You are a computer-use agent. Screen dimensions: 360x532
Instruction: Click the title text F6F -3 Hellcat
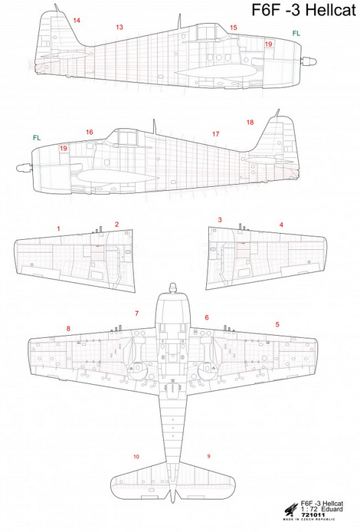(x=304, y=10)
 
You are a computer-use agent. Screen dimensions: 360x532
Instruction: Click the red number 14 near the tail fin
(x=77, y=21)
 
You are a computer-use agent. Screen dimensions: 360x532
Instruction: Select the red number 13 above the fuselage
(x=119, y=27)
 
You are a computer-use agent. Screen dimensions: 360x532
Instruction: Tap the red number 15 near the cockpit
(x=233, y=28)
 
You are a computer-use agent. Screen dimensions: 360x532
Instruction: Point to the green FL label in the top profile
(x=296, y=33)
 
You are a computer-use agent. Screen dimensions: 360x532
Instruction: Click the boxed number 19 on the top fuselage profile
(x=269, y=44)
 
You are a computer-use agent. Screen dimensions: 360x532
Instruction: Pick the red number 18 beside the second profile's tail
(x=250, y=122)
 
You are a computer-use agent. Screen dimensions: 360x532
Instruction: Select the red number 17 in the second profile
(x=215, y=134)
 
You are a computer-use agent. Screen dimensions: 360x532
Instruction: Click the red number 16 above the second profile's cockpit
(x=89, y=132)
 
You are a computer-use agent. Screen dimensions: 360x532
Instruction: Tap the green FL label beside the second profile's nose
(x=37, y=138)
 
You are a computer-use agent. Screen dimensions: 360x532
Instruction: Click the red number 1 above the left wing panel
(x=59, y=228)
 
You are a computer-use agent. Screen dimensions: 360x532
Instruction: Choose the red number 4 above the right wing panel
(x=281, y=225)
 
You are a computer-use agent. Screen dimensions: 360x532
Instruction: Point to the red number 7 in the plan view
(x=136, y=314)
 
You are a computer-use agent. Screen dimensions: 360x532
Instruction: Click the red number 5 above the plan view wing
(x=277, y=324)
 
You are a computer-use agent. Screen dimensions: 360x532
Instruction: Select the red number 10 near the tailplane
(x=136, y=457)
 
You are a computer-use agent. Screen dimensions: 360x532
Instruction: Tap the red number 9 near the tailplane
(x=208, y=456)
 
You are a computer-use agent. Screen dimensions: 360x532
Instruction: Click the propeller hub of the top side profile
(x=309, y=61)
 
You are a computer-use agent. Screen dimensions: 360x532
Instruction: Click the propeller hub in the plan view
(x=173, y=287)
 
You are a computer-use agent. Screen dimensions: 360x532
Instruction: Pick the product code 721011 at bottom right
(x=312, y=514)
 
